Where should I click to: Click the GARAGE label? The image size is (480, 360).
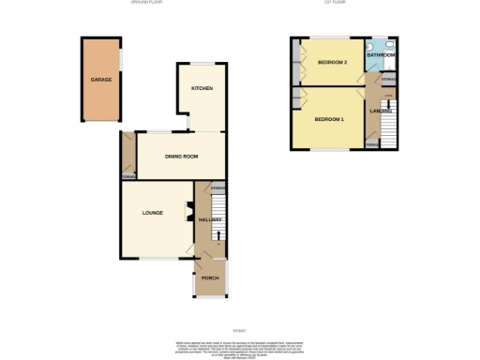click(101, 80)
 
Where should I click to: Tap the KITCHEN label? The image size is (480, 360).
click(202, 88)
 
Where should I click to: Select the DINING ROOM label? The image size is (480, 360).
click(182, 157)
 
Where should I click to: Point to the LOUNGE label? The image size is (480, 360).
click(153, 213)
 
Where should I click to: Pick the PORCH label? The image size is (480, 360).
click(210, 278)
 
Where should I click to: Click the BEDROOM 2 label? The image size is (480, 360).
click(332, 63)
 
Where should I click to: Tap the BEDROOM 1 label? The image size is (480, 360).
click(329, 119)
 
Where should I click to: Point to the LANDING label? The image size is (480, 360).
click(380, 112)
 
